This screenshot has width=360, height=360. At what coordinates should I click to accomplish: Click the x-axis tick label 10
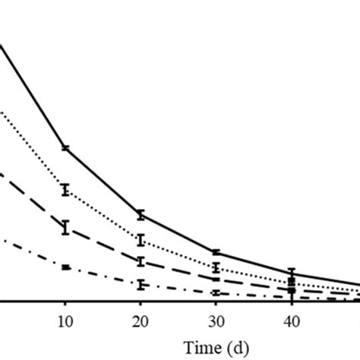[65, 324]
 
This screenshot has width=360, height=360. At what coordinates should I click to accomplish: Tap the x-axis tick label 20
[141, 324]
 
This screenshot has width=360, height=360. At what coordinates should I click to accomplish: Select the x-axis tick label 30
[216, 324]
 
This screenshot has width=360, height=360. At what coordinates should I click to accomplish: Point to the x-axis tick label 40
[291, 324]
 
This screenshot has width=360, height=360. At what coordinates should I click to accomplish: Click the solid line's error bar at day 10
[65, 147]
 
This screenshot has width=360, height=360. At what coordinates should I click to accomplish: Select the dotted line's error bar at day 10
[65, 190]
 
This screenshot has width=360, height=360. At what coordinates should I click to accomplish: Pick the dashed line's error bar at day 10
[65, 226]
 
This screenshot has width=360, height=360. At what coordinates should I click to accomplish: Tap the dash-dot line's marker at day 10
[65, 267]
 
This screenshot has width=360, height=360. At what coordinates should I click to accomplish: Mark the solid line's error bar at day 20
[141, 214]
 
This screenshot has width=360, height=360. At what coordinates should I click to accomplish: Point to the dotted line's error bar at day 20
[141, 240]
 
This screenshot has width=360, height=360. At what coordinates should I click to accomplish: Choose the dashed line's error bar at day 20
[141, 261]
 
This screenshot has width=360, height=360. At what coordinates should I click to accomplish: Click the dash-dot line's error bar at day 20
[141, 285]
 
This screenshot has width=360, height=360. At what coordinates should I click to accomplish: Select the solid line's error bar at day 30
[216, 252]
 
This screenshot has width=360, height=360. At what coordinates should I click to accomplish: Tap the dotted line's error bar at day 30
[216, 267]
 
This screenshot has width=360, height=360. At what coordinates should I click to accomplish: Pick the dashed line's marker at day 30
[216, 279]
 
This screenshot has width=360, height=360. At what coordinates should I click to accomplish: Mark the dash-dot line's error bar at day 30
[216, 292]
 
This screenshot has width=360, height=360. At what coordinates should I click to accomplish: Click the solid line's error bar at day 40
[291, 273]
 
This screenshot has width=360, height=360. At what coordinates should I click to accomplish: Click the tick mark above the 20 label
[141, 305]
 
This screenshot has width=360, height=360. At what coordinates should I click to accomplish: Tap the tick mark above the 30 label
[216, 305]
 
